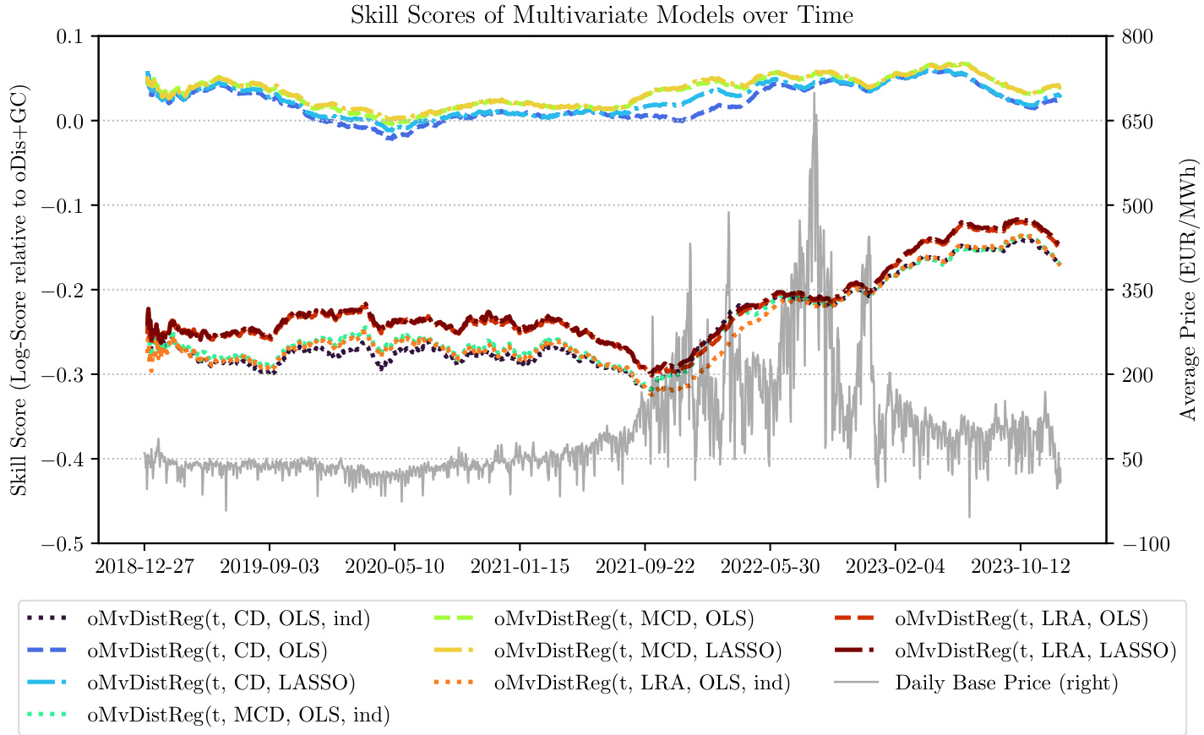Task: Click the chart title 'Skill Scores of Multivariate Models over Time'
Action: pos(602,14)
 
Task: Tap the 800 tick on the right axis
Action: pos(1136,37)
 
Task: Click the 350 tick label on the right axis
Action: pos(1136,291)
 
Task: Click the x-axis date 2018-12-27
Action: pos(144,566)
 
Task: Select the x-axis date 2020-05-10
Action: pos(395,566)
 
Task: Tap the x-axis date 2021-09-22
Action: pos(645,566)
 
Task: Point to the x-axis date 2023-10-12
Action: pos(1020,566)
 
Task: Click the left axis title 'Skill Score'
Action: pos(19,289)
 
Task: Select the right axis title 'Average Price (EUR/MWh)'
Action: pos(1189,289)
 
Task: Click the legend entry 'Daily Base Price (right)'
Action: pos(1006,683)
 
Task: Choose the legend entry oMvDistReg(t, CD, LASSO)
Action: pos(221,683)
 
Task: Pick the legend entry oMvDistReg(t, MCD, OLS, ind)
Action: pos(238,715)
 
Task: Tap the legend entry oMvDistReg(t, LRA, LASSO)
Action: pos(1035,651)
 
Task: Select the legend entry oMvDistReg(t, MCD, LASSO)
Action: pos(638,651)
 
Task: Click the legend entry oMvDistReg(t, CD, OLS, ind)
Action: pos(228,618)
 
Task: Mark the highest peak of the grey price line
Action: pos(814,92)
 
